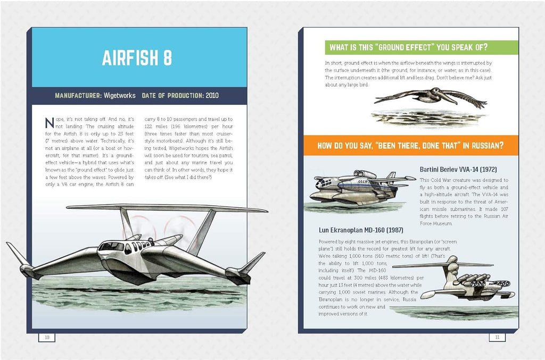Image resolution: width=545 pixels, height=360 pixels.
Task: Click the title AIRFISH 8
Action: (137, 58)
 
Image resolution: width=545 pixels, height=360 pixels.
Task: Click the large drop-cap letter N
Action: (50, 123)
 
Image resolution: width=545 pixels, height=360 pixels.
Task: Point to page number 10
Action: (47, 337)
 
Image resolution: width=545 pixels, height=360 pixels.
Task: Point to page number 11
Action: (497, 337)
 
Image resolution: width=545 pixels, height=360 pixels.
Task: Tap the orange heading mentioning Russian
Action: (410, 145)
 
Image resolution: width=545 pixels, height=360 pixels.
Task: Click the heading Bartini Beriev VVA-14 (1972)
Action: (458, 169)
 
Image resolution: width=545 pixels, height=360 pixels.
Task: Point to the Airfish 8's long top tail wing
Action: (170, 207)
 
